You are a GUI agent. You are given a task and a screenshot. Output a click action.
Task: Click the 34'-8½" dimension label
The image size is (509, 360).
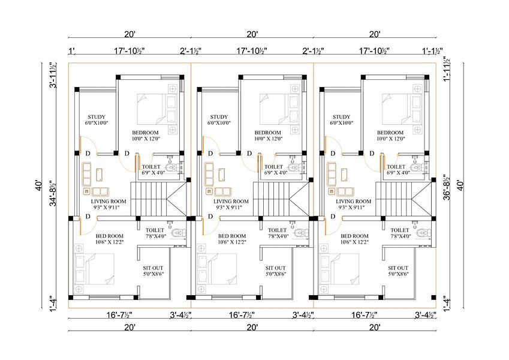pyautogui.click(x=53, y=194)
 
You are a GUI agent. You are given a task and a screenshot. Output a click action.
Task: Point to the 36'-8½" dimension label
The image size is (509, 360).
pyautogui.click(x=447, y=187)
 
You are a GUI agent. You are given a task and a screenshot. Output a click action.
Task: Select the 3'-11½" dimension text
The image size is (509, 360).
pyautogui.click(x=53, y=75)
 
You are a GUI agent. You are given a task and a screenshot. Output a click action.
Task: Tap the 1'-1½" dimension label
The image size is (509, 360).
pyautogui.click(x=432, y=51)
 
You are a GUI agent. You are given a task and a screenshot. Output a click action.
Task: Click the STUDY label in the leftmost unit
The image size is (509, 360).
pyautogui.click(x=97, y=117)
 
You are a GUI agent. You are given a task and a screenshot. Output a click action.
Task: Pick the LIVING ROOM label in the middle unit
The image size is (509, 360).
pyautogui.click(x=231, y=202)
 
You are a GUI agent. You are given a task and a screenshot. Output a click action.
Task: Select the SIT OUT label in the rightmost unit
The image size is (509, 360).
pyautogui.click(x=398, y=268)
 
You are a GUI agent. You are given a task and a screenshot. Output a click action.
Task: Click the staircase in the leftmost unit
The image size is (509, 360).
pyautogui.click(x=158, y=199)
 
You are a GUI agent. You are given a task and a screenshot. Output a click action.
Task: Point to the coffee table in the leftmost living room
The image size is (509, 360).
pyautogui.click(x=100, y=175)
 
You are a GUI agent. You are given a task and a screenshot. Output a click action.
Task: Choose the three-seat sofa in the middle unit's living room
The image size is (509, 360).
pyautogui.click(x=209, y=173)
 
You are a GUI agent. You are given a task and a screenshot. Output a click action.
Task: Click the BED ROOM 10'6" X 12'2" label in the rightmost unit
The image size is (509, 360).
pyautogui.click(x=354, y=239)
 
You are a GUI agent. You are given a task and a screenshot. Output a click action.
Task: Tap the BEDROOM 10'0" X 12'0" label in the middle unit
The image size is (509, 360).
pyautogui.click(x=268, y=136)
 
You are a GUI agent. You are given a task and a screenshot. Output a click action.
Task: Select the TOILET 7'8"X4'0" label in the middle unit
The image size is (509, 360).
pyautogui.click(x=277, y=233)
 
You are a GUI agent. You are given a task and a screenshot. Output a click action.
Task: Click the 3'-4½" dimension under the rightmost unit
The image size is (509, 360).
pyautogui.click(x=426, y=315)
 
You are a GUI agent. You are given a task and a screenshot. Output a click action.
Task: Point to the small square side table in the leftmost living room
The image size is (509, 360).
pyautogui.click(x=87, y=191)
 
